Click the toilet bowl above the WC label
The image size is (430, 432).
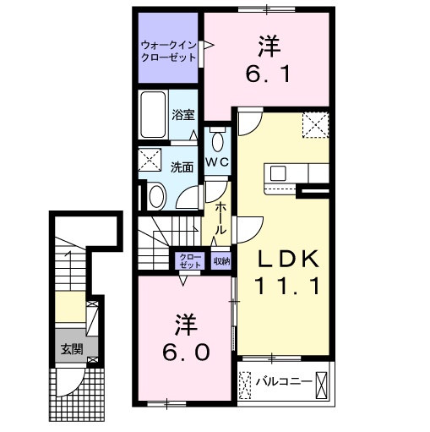pos(218,139)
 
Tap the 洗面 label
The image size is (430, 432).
pos(182,167)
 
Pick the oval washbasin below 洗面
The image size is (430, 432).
pos(157,196)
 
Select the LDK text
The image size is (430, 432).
pos(286,259)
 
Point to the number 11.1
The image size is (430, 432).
pos(286,287)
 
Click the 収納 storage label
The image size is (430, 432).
pos(221,261)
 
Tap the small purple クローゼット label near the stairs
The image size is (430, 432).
pos(189,260)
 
